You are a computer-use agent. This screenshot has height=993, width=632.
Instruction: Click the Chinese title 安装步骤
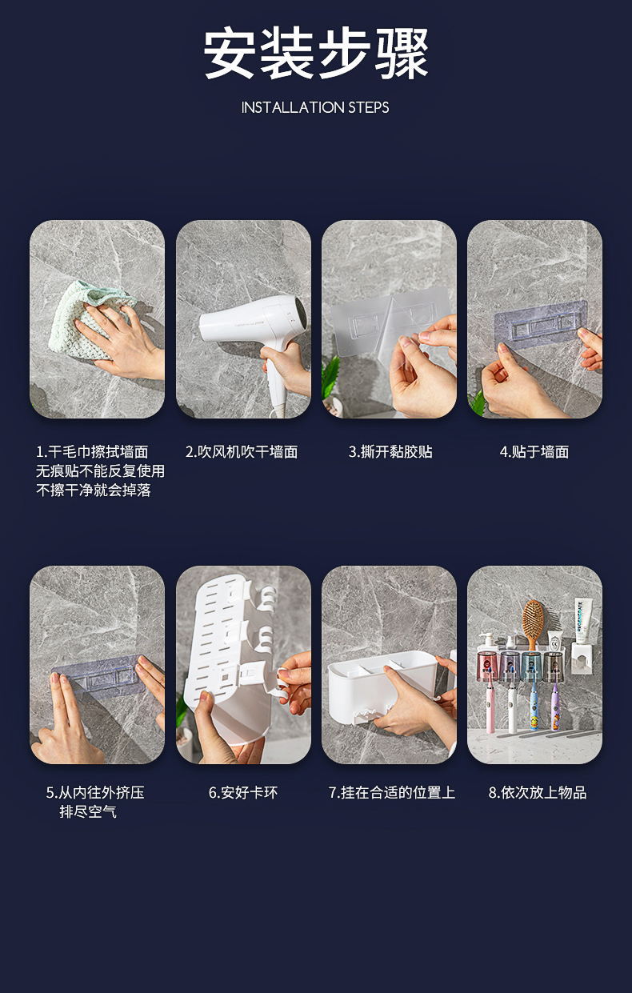coord(316,54)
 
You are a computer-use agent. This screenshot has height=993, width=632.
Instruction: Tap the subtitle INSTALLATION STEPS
coord(315,107)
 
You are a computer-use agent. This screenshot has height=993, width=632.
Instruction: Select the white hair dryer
coord(248,325)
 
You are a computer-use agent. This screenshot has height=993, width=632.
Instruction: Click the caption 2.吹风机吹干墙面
coord(242,452)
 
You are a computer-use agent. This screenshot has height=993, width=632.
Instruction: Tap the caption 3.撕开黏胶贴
coord(390,452)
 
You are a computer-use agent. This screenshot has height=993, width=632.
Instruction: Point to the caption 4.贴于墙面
coord(534,452)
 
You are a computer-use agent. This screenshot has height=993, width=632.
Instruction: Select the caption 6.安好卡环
coord(243,793)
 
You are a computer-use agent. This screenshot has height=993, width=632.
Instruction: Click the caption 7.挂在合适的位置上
coord(391,793)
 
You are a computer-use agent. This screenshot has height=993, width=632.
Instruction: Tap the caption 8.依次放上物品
coord(537,793)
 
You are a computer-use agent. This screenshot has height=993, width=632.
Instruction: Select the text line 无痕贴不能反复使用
coord(100,471)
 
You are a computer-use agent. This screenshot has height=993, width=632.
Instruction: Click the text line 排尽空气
coord(88,812)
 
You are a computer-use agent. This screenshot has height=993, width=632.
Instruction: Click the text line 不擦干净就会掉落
coord(94,490)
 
